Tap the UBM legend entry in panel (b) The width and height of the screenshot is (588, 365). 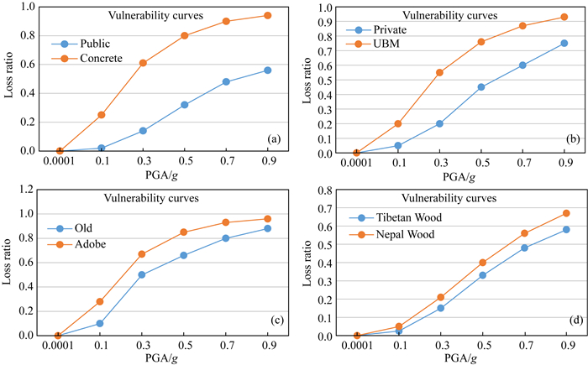(x=386, y=44)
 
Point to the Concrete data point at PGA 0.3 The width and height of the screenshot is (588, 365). (x=143, y=63)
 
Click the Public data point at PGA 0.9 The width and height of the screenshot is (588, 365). (x=268, y=70)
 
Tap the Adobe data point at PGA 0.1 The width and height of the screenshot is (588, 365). (x=101, y=301)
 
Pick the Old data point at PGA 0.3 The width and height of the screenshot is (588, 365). (x=143, y=274)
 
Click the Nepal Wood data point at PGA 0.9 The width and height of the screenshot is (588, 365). (x=566, y=213)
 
